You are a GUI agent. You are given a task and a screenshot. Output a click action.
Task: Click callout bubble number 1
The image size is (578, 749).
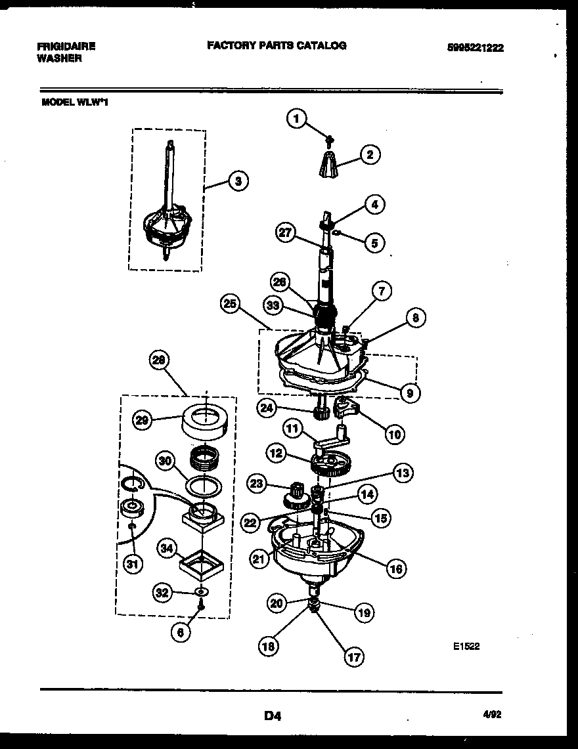click(297, 119)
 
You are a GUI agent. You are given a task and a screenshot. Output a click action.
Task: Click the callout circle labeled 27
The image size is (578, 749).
click(286, 234)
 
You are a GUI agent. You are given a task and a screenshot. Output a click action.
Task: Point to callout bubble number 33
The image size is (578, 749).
click(272, 305)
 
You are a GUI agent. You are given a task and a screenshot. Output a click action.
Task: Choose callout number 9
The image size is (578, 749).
click(410, 393)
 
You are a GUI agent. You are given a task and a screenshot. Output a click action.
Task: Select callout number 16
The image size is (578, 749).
click(395, 568)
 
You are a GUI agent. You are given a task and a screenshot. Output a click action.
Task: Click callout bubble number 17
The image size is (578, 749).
click(354, 655)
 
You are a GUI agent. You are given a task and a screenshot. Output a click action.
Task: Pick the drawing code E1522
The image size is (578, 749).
click(466, 646)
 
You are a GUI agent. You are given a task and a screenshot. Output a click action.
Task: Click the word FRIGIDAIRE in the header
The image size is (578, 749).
click(66, 47)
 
